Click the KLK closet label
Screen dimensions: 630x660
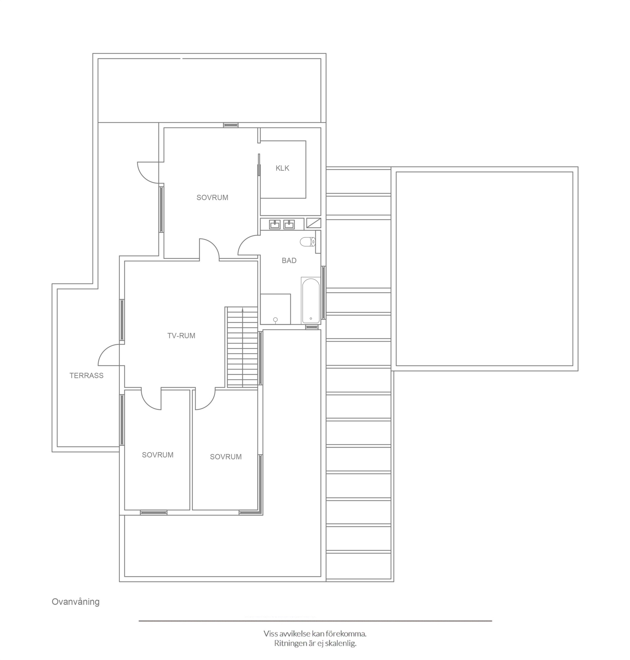282,168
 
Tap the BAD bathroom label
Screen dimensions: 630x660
289,260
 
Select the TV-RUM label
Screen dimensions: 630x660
181,336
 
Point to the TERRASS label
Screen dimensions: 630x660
86,375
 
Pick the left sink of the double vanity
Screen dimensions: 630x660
275,224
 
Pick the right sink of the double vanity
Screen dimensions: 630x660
289,224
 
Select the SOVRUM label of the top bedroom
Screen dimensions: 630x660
212,198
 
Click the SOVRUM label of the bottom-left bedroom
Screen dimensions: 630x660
157,455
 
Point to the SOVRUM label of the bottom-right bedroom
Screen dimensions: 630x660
226,457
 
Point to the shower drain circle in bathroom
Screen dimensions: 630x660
275,319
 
